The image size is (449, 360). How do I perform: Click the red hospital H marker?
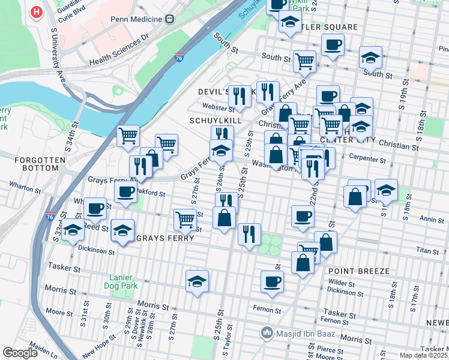37,11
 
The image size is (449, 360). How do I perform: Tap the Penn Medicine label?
136,18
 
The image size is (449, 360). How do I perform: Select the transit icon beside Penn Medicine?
170,18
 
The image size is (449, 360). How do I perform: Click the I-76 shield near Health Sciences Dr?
179,58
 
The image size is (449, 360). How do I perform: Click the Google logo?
20,353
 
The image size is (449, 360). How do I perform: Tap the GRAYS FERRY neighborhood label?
165,238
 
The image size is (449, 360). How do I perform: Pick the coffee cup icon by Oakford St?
125,192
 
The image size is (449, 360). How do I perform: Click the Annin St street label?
432,220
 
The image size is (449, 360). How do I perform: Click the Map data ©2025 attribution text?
424,355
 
